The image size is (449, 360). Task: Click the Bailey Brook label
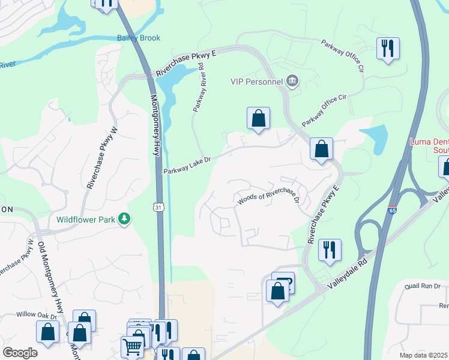tap(139, 38)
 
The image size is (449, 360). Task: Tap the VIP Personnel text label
tap(256, 82)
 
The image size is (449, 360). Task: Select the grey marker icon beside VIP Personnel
tap(292, 82)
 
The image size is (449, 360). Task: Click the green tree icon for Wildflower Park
tap(124, 219)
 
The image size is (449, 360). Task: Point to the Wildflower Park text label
tap(86, 220)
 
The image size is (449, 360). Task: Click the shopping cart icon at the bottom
tap(132, 346)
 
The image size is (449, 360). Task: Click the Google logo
tap(20, 352)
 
